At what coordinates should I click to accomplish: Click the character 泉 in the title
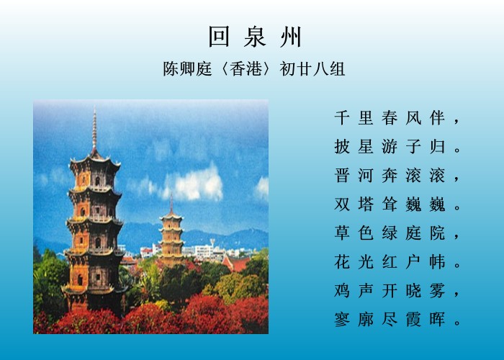pyautogui.click(x=255, y=37)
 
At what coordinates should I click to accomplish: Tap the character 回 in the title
pyautogui.click(x=219, y=37)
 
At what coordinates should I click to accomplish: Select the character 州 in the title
pyautogui.click(x=291, y=37)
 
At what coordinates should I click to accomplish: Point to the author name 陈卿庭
pyautogui.click(x=187, y=68)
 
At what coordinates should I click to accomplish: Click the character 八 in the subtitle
pyautogui.click(x=320, y=69)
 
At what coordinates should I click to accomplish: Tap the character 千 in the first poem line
pyautogui.click(x=342, y=117)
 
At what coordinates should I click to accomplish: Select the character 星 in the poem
pyautogui.click(x=366, y=147)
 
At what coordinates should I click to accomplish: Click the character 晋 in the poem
pyautogui.click(x=342, y=176)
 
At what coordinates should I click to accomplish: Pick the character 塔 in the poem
pyautogui.click(x=366, y=204)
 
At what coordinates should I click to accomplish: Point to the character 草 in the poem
pyautogui.click(x=342, y=233)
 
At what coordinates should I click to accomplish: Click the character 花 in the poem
pyautogui.click(x=342, y=261)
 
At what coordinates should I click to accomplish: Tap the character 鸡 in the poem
pyautogui.click(x=342, y=291)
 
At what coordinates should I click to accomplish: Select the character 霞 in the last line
pyautogui.click(x=413, y=319)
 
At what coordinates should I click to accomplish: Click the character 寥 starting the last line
pyautogui.click(x=342, y=319)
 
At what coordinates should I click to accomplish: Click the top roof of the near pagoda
pyautogui.click(x=95, y=162)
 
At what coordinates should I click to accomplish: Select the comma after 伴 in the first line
pyautogui.click(x=456, y=122)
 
